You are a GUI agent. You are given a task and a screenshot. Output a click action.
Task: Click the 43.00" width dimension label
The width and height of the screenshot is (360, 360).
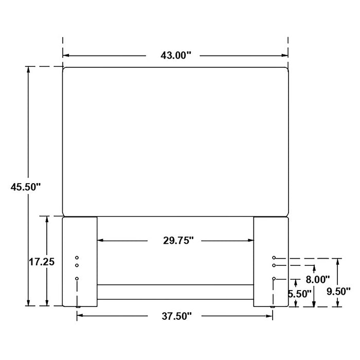click(175, 56)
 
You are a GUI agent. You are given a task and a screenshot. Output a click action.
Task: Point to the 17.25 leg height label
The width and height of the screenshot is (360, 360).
click(42, 262)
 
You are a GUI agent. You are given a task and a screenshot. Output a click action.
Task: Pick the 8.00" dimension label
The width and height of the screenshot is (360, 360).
click(317, 280)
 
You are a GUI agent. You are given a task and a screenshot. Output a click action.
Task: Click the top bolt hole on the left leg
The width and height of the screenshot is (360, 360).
click(77, 257)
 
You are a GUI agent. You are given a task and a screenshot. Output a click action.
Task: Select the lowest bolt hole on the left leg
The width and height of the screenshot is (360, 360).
click(77, 278)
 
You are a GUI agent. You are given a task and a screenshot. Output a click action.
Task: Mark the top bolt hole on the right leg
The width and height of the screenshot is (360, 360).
click(274, 257)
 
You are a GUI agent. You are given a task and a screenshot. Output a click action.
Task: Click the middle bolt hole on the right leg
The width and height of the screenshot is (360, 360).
click(274, 265)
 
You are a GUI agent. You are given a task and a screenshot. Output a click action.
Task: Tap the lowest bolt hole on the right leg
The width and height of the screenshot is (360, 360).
click(274, 278)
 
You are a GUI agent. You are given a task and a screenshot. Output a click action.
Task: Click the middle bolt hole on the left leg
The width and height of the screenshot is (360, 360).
click(77, 265)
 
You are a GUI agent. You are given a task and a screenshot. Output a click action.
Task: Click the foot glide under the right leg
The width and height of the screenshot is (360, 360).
click(273, 308)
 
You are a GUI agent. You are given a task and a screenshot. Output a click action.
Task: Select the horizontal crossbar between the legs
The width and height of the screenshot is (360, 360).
click(175, 292)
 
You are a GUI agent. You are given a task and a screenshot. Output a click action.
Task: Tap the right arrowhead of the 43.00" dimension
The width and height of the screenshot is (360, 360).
click(284, 56)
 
